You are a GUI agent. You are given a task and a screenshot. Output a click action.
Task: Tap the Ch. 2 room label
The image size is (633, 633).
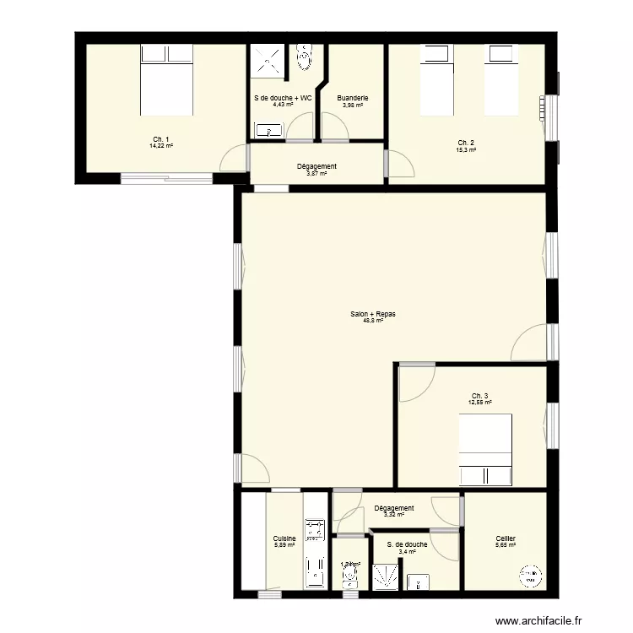click(x=466, y=142)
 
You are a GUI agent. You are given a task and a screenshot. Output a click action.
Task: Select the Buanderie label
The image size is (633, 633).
click(x=352, y=98)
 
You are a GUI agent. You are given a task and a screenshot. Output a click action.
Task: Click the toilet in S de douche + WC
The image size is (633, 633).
click(x=305, y=57)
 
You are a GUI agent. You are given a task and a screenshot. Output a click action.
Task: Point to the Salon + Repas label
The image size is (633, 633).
click(x=373, y=314)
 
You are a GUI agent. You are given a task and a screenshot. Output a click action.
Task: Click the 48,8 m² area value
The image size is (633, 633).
click(x=373, y=321)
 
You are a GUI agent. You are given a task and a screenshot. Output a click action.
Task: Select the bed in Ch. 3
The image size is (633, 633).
click(x=485, y=450)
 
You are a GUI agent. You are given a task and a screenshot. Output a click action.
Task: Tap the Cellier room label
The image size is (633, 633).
click(x=506, y=538)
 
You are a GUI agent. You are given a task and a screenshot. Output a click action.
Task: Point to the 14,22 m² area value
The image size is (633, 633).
click(x=161, y=146)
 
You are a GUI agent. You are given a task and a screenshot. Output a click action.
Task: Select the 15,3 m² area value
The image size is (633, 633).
click(x=466, y=149)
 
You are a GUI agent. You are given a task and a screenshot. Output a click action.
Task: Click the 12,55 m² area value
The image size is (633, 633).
click(x=479, y=403)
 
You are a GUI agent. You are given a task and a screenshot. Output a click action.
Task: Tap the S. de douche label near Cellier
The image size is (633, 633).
click(x=407, y=544)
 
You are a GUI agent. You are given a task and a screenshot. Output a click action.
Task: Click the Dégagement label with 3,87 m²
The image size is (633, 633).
click(x=317, y=166)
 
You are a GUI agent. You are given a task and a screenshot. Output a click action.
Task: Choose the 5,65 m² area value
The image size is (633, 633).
click(x=506, y=545)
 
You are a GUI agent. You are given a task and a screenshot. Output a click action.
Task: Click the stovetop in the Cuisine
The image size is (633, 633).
click(x=315, y=529)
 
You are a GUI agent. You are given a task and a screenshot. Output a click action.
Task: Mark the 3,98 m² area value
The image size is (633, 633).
click(x=352, y=105)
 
